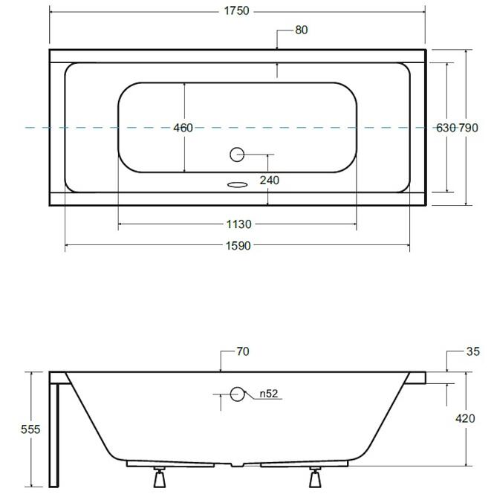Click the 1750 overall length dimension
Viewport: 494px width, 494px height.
[x=236, y=11]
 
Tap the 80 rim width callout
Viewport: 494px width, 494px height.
[x=301, y=30]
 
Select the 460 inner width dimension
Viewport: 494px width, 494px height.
[x=183, y=128]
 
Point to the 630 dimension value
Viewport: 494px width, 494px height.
[x=446, y=128]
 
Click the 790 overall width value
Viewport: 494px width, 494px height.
[x=468, y=128]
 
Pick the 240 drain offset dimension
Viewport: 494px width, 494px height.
[x=270, y=181]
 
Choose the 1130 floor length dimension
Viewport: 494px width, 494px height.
[x=238, y=224]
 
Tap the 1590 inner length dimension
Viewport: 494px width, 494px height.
[x=238, y=246]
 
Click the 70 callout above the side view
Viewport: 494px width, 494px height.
[x=243, y=351]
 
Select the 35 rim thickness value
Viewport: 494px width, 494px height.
[x=472, y=351]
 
